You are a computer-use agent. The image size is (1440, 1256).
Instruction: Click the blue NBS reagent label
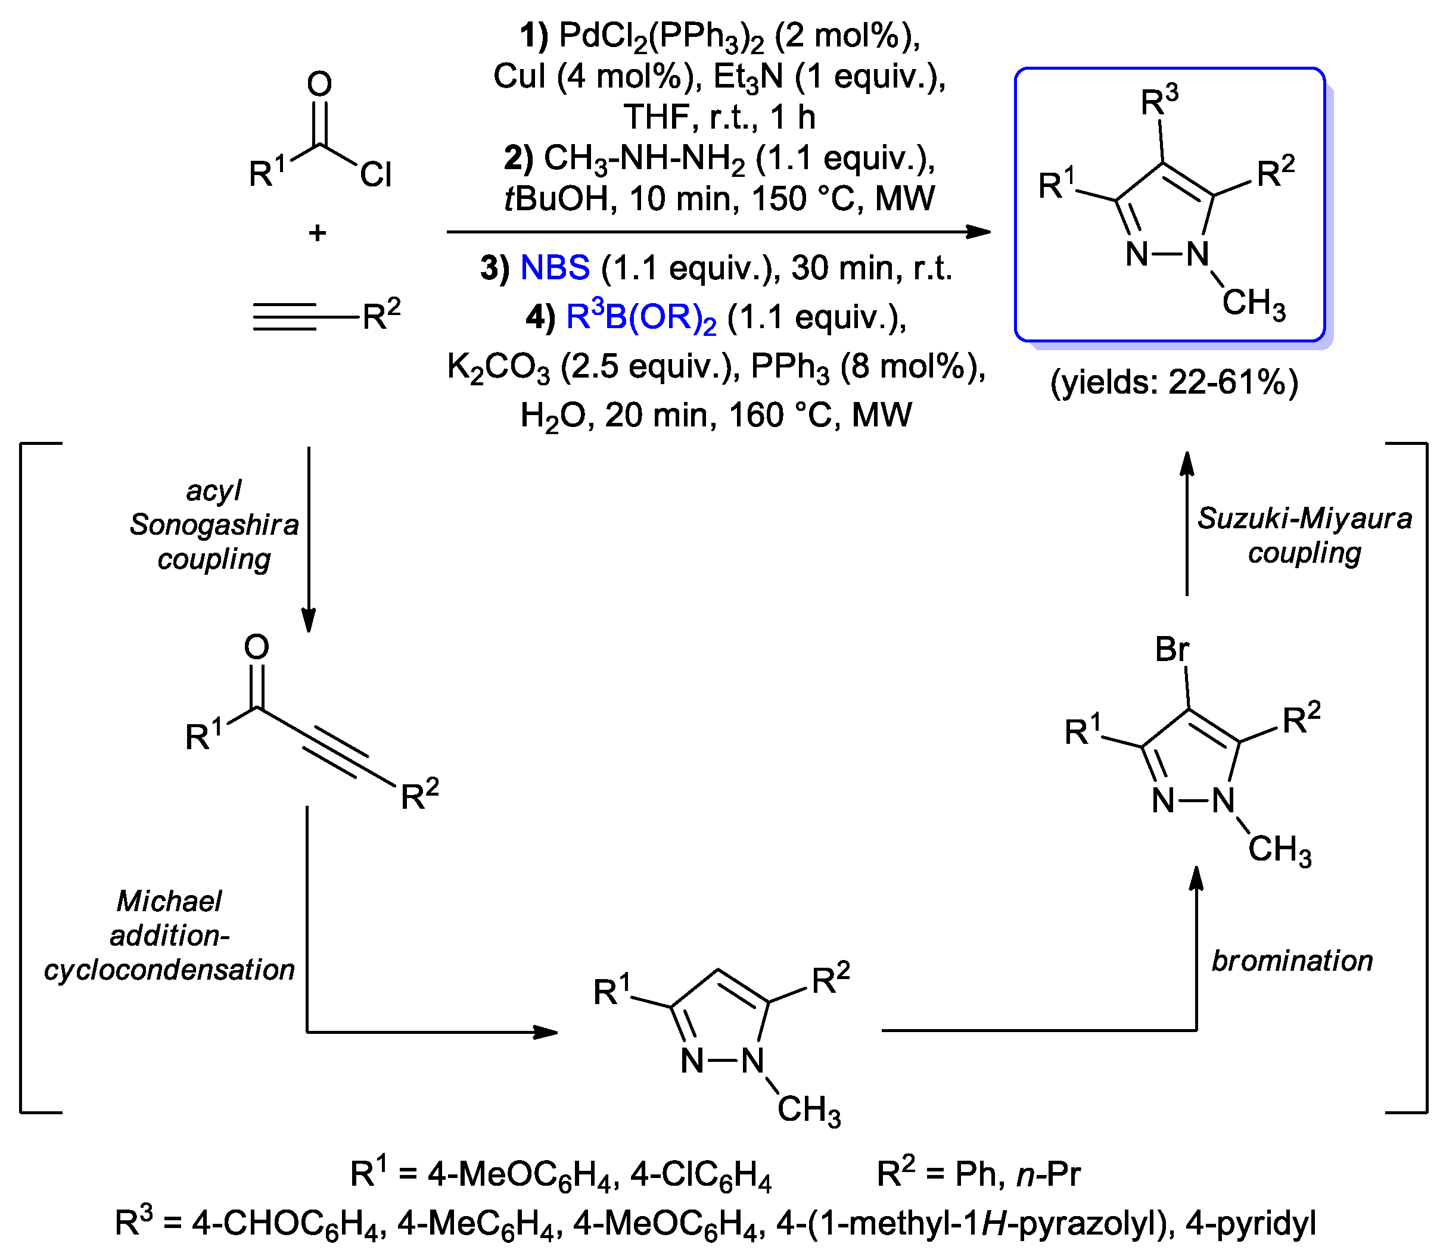[x=555, y=268]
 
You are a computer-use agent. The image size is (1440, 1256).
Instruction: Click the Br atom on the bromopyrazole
[x=1171, y=649]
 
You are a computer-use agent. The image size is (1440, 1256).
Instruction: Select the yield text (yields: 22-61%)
[x=1174, y=383]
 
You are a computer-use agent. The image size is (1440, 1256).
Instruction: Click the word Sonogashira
[x=214, y=524]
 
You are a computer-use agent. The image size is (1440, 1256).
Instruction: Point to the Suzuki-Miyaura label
[x=1304, y=519]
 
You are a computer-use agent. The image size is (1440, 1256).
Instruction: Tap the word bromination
[x=1292, y=961]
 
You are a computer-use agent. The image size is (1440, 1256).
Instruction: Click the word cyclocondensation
[x=169, y=970]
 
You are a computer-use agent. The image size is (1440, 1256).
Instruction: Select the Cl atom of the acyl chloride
[x=376, y=174]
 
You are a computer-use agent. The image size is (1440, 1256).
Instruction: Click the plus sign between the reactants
[x=318, y=233]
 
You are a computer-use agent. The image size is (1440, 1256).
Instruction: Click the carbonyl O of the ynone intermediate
[x=257, y=646]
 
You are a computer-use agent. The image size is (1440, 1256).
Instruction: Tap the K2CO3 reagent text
[x=499, y=367]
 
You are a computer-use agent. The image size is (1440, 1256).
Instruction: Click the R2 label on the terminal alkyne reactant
[x=381, y=316]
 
